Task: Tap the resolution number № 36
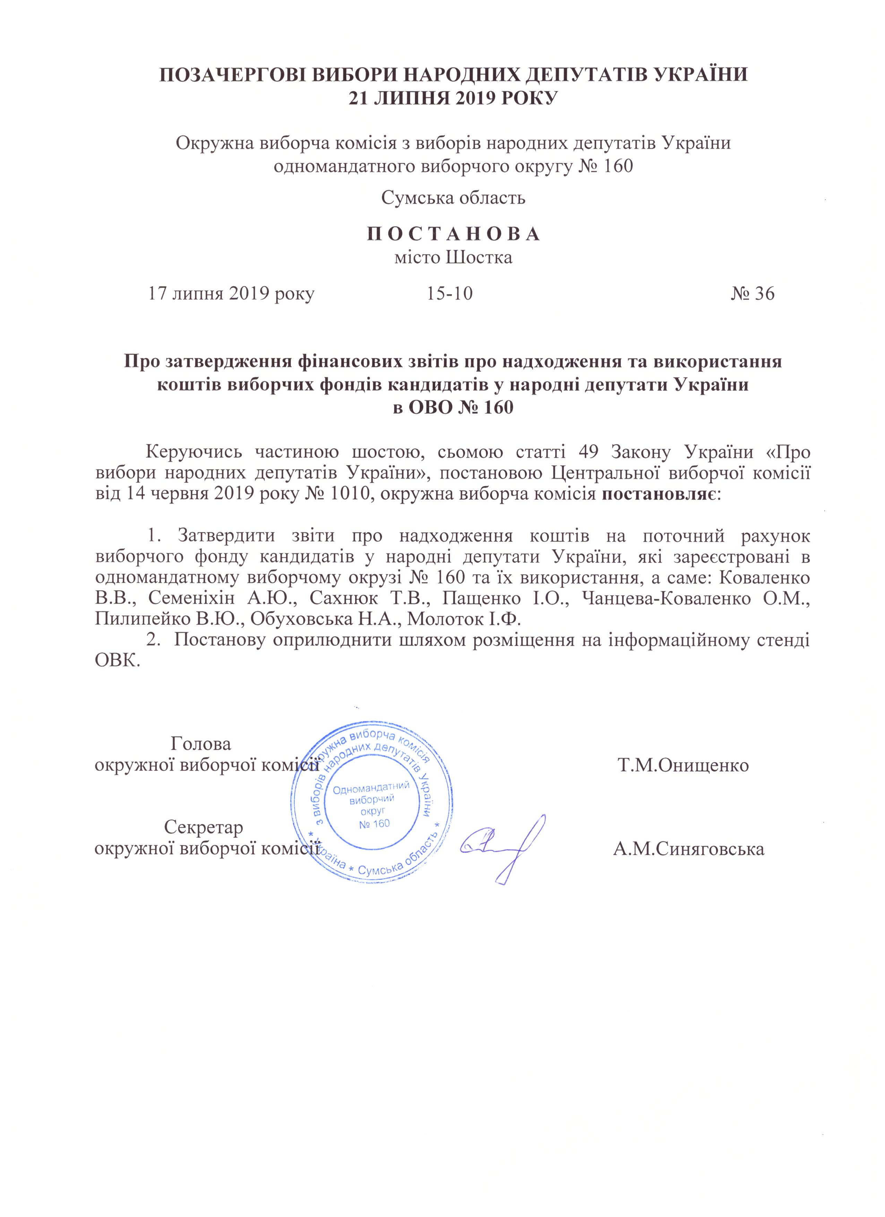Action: click(753, 294)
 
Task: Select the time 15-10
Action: click(450, 294)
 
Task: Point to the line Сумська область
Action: click(453, 198)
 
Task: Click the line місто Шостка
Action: click(453, 258)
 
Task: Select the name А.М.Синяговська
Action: click(689, 849)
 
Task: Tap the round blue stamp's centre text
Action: click(371, 805)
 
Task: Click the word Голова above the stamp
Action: click(201, 744)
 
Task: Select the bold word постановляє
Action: click(659, 494)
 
